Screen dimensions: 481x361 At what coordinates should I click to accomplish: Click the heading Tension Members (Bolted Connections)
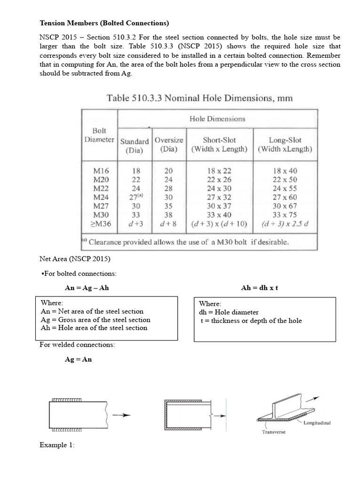[x=104, y=23]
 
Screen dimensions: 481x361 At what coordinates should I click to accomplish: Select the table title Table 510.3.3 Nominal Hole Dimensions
[x=200, y=98]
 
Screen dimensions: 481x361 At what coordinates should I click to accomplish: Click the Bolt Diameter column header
[x=99, y=135]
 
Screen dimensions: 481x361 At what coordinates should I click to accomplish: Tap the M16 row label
[x=102, y=171]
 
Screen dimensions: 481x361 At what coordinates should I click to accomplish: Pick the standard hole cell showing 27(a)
[x=135, y=197]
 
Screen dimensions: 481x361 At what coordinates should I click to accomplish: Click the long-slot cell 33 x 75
[x=285, y=215]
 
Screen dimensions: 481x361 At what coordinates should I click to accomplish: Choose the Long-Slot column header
[x=285, y=145]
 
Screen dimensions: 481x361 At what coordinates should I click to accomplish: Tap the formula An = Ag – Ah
[x=86, y=287]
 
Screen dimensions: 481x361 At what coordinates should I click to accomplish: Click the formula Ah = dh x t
[x=259, y=287]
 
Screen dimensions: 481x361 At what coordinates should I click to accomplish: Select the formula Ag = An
[x=78, y=359]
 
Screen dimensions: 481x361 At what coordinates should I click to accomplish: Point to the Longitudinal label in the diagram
[x=317, y=423]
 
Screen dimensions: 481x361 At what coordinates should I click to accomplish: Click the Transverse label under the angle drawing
[x=274, y=432]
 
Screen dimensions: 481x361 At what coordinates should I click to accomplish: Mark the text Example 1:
[x=57, y=445]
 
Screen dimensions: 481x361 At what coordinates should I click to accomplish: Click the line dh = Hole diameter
[x=229, y=312]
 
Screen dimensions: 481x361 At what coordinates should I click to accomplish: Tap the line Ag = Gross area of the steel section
[x=96, y=319]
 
